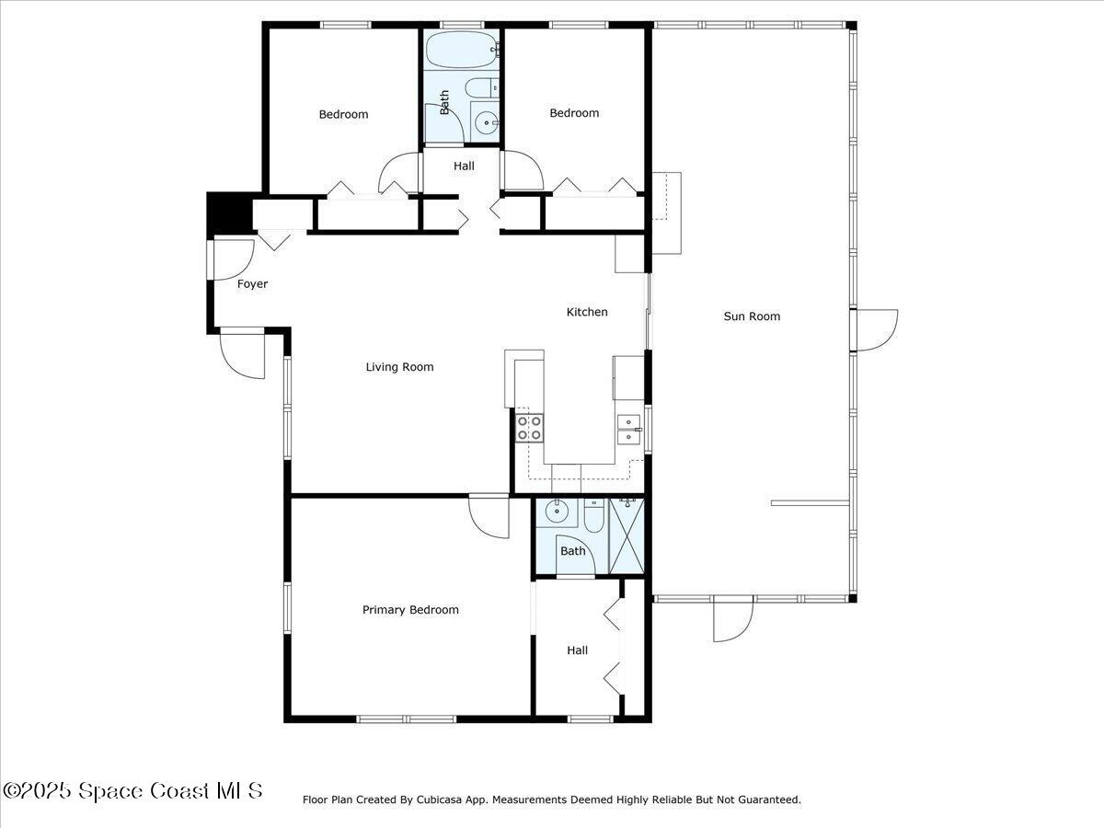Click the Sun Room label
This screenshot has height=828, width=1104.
752,316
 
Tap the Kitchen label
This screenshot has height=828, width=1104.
586,312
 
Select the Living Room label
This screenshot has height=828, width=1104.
399,367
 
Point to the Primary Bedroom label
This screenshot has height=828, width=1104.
410,610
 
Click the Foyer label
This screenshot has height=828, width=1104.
252,284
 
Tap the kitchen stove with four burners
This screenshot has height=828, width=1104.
529,428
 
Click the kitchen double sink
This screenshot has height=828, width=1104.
628,430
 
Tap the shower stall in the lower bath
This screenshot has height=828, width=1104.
627,535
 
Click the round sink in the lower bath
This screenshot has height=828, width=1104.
556,512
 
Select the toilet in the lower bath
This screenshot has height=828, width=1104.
593,517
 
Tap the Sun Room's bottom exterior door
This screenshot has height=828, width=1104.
732,619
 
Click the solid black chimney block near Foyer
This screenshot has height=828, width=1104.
227,212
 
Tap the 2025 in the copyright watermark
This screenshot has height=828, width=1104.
45,790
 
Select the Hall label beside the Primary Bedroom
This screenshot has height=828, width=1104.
577,650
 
